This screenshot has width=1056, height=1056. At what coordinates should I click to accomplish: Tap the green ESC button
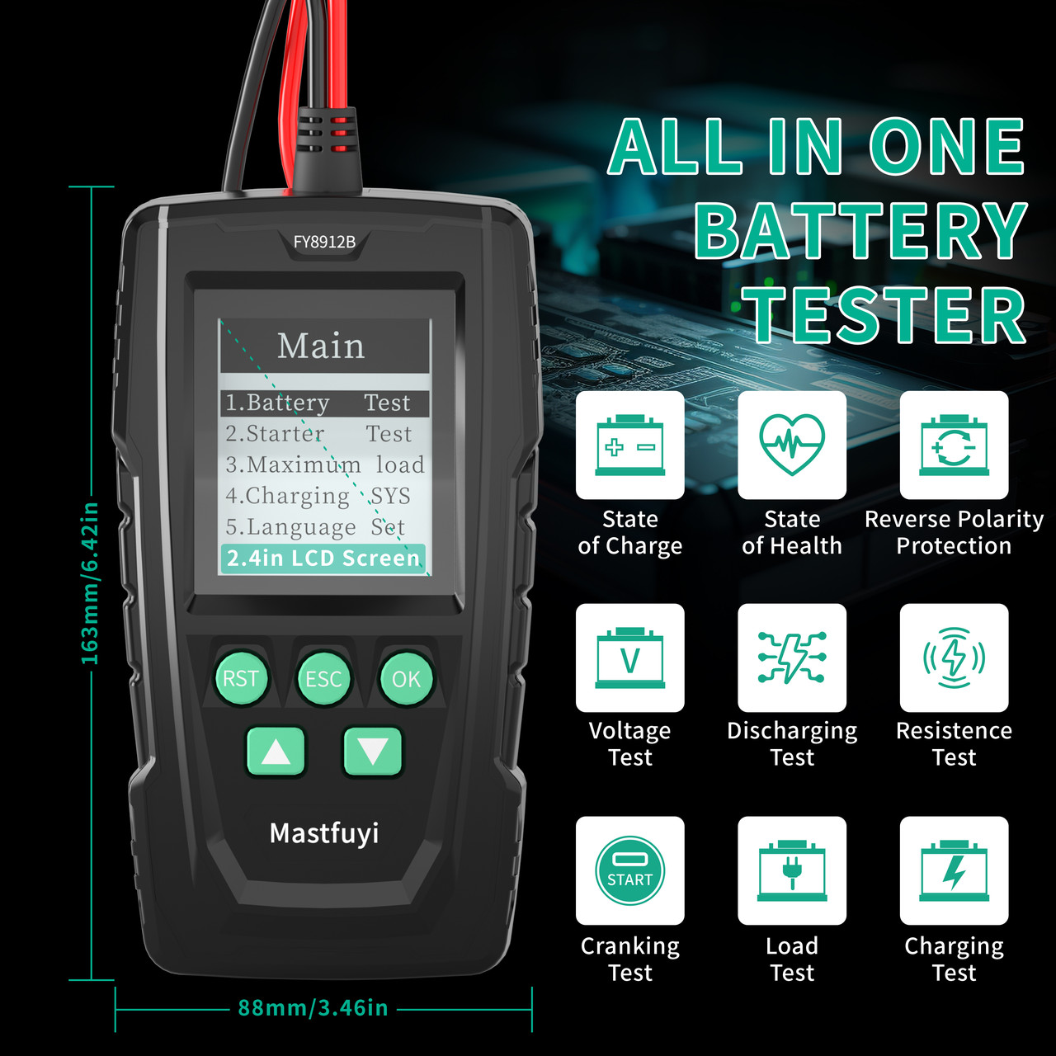click(x=323, y=678)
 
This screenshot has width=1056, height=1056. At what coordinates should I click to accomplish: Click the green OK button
click(x=406, y=678)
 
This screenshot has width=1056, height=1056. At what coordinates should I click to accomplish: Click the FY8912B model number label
click(x=324, y=242)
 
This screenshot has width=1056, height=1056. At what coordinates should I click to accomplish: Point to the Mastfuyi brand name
click(x=324, y=833)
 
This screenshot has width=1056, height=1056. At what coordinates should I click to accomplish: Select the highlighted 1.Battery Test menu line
click(x=324, y=403)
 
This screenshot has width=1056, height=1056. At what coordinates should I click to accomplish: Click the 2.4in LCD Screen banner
click(x=323, y=558)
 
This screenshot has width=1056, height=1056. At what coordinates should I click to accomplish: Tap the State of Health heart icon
click(x=792, y=445)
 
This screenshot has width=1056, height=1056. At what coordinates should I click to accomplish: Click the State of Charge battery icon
click(x=630, y=445)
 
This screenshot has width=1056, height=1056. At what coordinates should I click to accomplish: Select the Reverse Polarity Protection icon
click(x=954, y=445)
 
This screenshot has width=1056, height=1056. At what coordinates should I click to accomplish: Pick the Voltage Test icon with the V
click(x=630, y=658)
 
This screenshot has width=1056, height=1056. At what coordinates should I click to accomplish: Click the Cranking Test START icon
click(x=630, y=870)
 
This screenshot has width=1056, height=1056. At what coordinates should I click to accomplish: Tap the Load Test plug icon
click(x=792, y=870)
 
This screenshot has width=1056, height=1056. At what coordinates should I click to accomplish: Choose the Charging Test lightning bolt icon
click(x=954, y=870)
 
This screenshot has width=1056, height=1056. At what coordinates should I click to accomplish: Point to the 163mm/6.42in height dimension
click(x=90, y=583)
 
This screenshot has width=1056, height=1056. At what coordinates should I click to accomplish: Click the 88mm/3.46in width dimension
click(x=313, y=1007)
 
